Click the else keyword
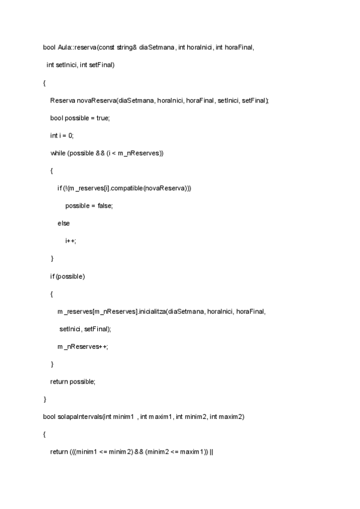[64, 223]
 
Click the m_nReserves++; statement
[82, 346]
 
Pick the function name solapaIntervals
[79, 417]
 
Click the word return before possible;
[59, 382]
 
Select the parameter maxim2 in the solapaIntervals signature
[233, 417]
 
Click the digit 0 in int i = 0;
[71, 136]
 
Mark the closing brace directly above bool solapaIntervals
[44, 399]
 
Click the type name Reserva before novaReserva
[62, 100]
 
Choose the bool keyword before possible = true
[56, 118]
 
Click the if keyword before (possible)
[52, 276]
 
